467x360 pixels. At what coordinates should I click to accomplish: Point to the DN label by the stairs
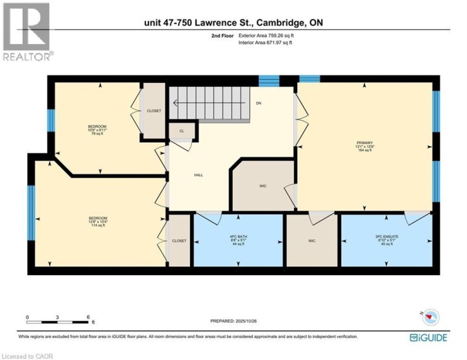[258, 103]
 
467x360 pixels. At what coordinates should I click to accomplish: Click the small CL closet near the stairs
[182, 131]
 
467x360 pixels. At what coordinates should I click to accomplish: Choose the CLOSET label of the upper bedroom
[154, 111]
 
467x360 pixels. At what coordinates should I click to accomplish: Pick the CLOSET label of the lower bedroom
[179, 241]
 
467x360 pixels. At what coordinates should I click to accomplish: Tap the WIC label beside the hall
[263, 186]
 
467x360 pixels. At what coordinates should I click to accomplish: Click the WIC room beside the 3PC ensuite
[312, 241]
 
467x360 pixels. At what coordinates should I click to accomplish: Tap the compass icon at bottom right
[430, 317]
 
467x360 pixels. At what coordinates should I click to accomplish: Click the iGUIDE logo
[430, 338]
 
